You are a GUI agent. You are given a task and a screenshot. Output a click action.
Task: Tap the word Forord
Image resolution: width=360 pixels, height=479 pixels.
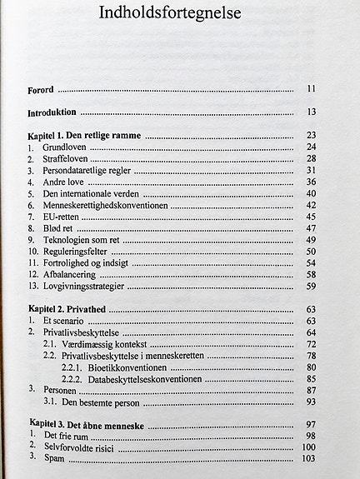pos(42,88)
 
